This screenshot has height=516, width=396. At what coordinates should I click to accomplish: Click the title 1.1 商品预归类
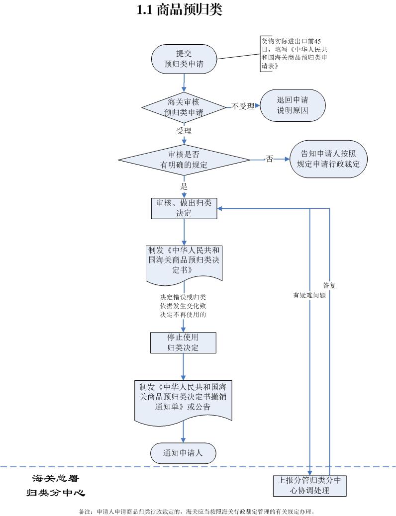coord(180,10)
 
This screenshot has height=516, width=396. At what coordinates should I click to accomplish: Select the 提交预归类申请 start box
coord(184,59)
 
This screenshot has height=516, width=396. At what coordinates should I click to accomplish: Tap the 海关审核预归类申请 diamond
coord(184,107)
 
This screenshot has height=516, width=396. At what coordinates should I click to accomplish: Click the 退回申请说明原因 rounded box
coord(293,105)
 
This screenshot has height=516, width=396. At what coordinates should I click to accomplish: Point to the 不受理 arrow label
coord(243,106)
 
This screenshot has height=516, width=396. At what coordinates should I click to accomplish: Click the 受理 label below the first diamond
coord(184,131)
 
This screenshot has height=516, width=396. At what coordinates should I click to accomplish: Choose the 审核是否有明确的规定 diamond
coord(184,160)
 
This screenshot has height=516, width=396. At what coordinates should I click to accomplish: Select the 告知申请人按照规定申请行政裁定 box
coord(328,159)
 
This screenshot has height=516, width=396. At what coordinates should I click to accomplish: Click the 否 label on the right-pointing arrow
coord(270,159)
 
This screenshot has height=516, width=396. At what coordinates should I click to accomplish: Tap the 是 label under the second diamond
coord(184,186)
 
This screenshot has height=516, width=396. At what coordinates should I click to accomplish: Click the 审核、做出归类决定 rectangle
coord(184,208)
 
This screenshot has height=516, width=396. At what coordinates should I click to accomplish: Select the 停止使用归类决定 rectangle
coord(183,343)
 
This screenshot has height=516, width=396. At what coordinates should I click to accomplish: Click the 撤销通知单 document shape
coord(183,401)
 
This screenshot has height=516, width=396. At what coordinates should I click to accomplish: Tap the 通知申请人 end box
coord(183,453)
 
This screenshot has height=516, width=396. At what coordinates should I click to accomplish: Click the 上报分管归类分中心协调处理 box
coord(309,485)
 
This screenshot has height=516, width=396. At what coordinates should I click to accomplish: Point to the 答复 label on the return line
coord(329,285)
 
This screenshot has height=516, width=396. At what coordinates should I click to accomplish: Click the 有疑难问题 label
coord(309,295)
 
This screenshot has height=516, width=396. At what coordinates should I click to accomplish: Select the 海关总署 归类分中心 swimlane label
coord(56,485)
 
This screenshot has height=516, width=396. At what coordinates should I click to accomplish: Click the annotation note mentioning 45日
coord(294,54)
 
